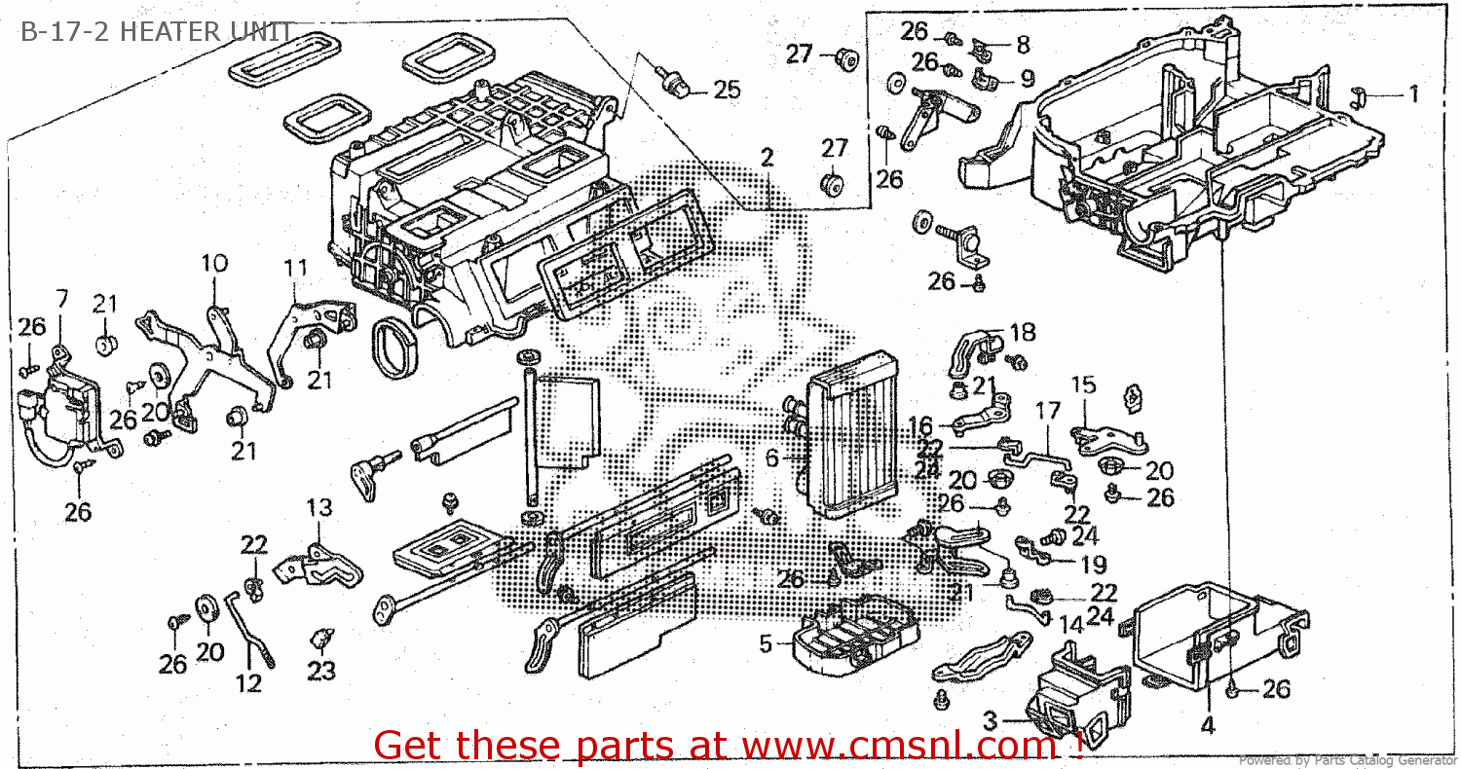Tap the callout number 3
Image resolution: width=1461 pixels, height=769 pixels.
(x=990, y=721)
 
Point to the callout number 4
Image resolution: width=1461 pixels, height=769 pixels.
(x=1208, y=724)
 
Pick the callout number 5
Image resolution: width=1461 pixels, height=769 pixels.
(x=766, y=643)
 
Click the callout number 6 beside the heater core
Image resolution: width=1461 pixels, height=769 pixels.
(x=771, y=458)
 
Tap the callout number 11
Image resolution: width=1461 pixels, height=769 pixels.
(x=295, y=267)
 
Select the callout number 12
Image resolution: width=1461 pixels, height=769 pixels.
(x=249, y=683)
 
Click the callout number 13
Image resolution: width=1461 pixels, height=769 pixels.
(x=318, y=507)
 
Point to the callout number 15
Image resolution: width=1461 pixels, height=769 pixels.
(x=1084, y=385)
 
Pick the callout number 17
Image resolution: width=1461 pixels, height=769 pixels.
(x=1047, y=411)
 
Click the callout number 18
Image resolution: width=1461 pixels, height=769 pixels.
(x=1022, y=333)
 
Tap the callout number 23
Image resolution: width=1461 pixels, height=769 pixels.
(x=321, y=671)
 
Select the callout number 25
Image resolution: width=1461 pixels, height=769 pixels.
(x=727, y=91)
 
